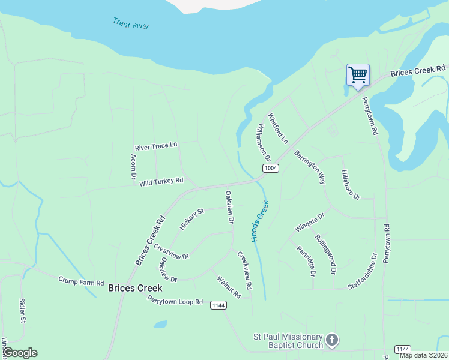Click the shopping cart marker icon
(x=358, y=76)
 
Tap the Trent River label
(x=131, y=24)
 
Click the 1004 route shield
(x=270, y=168)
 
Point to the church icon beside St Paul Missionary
(x=332, y=341)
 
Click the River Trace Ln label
(x=157, y=146)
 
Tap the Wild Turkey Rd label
(x=161, y=181)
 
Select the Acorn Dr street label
(x=133, y=167)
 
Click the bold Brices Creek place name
(x=135, y=288)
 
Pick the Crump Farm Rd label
(x=81, y=281)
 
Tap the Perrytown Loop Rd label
(x=176, y=301)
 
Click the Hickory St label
(x=192, y=219)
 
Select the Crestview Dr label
(x=171, y=251)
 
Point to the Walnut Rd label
(x=229, y=287)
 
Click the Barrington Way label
(x=310, y=167)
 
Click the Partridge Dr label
(x=306, y=260)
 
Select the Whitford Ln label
(x=278, y=128)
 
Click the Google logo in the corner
(x=20, y=353)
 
